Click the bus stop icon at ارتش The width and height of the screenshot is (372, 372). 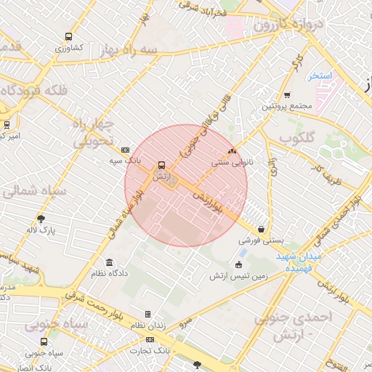pyautogui.click(x=161, y=165)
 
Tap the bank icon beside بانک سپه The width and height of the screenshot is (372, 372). pyautogui.click(x=125, y=149)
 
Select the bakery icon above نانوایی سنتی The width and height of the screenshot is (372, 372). pyautogui.click(x=232, y=152)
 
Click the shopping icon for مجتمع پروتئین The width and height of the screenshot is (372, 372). pyautogui.click(x=287, y=94)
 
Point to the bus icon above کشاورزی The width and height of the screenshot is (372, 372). pyautogui.click(x=68, y=36)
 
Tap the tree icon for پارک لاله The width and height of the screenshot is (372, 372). pyautogui.click(x=41, y=218)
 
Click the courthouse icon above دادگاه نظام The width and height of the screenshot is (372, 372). pyautogui.click(x=109, y=262)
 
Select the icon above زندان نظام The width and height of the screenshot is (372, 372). pyautogui.click(x=148, y=315)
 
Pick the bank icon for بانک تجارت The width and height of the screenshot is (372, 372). pyautogui.click(x=150, y=339)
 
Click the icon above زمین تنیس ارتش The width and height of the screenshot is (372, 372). pyautogui.click(x=239, y=264)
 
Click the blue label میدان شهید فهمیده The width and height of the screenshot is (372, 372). pyautogui.click(x=298, y=263)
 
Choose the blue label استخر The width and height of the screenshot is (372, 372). pyautogui.click(x=319, y=76)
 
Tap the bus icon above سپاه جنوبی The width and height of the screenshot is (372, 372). pyautogui.click(x=44, y=341)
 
